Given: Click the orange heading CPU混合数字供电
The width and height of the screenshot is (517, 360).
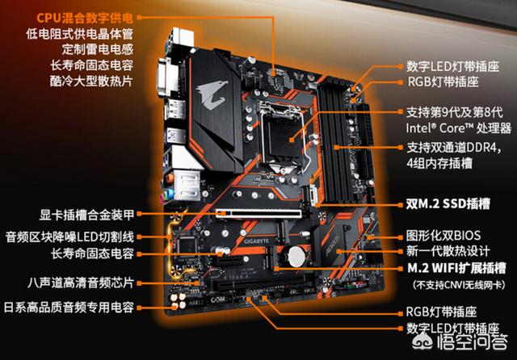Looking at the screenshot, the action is tap(84, 18).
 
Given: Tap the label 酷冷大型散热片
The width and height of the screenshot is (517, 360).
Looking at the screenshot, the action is tap(91, 81).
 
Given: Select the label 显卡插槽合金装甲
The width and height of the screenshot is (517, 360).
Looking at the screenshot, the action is tap(86, 215).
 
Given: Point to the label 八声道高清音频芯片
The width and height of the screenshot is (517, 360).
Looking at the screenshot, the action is tap(81, 283).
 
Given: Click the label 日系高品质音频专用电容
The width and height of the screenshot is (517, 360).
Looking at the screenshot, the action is tap(69, 308).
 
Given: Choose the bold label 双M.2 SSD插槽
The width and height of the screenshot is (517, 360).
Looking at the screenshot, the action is tap(448, 204).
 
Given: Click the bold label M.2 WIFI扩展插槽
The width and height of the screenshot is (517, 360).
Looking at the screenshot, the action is tap(456, 268).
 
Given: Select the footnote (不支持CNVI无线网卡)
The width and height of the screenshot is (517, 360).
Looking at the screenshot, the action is tap(459, 285).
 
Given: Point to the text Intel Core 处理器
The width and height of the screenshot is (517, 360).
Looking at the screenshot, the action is tap(459, 128).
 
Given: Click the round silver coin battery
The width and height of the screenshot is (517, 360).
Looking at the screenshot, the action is tap(296, 257).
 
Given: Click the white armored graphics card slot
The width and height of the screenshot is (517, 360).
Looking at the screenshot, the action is tap(259, 213).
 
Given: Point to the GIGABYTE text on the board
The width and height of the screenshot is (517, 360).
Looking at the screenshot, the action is tap(256, 241).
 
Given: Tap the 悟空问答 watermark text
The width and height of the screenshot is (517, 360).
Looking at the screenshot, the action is tap(472, 343).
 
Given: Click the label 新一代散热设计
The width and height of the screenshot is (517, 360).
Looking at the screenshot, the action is tap(448, 251).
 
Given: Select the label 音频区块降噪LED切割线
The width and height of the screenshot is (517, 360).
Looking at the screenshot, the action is tap(69, 237).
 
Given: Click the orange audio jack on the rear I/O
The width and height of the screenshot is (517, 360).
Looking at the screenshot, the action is tap(170, 178).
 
